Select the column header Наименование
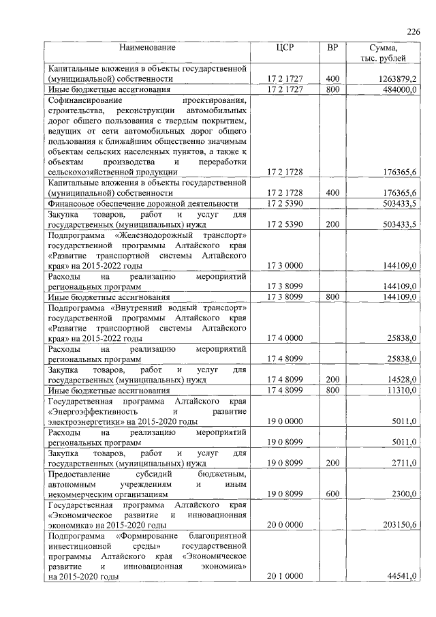click(x=147, y=48)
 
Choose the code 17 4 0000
click(x=285, y=338)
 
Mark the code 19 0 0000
click(x=285, y=421)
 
